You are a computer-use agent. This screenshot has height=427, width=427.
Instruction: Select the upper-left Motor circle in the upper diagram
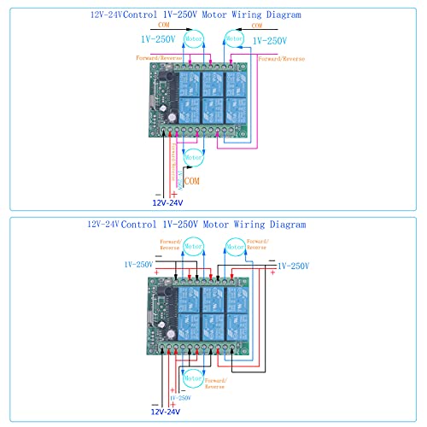tap(195, 39)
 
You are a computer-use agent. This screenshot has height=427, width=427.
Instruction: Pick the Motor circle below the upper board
tap(194, 155)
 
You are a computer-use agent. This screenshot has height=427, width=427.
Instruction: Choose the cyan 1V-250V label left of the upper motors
tap(158, 39)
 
